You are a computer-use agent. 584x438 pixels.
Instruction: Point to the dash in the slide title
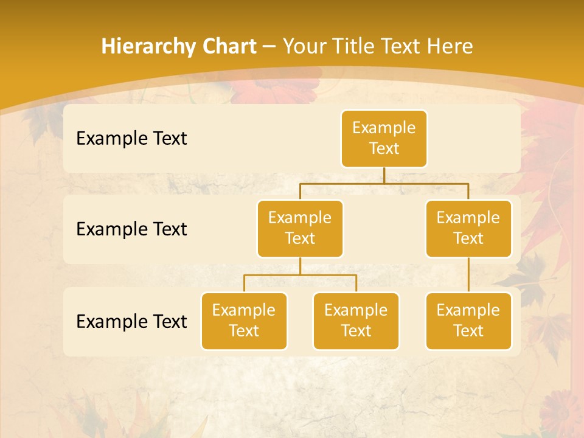269,47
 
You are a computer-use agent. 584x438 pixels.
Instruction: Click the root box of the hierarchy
384,139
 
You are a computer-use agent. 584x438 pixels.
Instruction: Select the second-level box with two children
300,229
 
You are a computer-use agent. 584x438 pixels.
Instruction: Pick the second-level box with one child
468,229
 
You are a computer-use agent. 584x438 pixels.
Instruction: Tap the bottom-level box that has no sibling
468,321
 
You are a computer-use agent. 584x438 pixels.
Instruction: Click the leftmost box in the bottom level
244,321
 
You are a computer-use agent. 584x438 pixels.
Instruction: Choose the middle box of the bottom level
356,321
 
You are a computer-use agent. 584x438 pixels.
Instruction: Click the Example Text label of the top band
131,139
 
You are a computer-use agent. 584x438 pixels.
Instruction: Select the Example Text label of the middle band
131,229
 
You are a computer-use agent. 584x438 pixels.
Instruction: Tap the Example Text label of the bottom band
131,321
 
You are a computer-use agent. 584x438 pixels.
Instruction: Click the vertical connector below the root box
384,175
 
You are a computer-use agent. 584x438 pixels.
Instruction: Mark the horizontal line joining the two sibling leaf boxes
300,275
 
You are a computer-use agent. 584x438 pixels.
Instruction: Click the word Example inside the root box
384,128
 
